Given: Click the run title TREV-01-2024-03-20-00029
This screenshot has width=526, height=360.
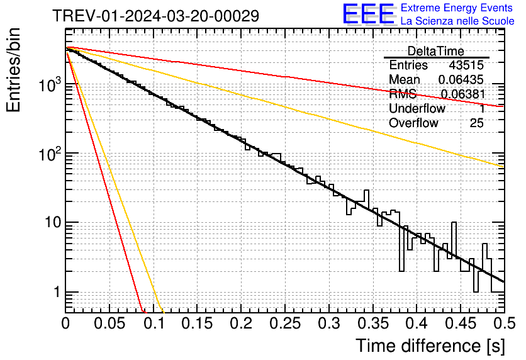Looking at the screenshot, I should (155, 16).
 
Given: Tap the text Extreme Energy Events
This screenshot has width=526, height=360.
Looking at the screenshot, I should (457, 8).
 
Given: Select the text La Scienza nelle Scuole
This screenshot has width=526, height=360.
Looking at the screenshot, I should (457, 21).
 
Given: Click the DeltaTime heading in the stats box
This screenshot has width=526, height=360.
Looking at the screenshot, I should (436, 51).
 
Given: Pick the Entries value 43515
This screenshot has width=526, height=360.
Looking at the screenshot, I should (466, 65).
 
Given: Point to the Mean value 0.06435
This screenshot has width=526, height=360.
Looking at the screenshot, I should (461, 80).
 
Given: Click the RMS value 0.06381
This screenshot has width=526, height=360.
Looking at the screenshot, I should (462, 94).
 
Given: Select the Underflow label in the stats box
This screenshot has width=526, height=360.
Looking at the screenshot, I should (417, 108).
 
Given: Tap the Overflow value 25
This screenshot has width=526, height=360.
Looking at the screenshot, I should (476, 123).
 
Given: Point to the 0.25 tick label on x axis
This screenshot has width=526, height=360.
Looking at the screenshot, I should (284, 323).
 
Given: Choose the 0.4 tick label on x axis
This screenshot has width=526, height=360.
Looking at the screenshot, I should (416, 323).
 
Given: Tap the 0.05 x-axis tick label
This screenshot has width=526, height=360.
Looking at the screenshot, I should (109, 323).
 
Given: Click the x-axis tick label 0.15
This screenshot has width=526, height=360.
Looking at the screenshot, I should (196, 323).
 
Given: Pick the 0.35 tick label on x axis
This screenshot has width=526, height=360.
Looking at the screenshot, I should (372, 323).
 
